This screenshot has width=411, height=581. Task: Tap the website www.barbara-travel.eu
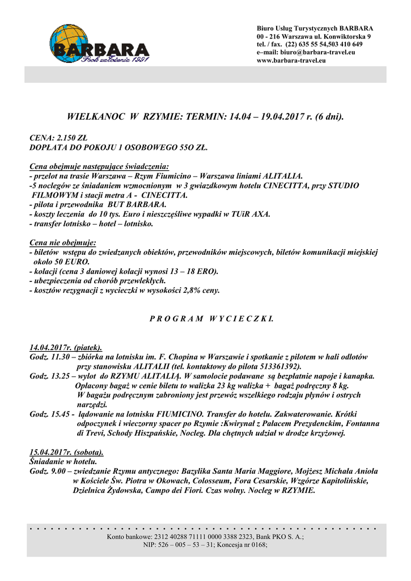coord(291,60)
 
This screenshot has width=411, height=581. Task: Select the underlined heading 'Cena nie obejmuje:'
coord(62,242)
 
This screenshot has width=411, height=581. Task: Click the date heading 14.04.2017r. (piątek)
coord(65,347)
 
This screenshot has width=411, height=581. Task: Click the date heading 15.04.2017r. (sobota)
coord(66,452)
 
